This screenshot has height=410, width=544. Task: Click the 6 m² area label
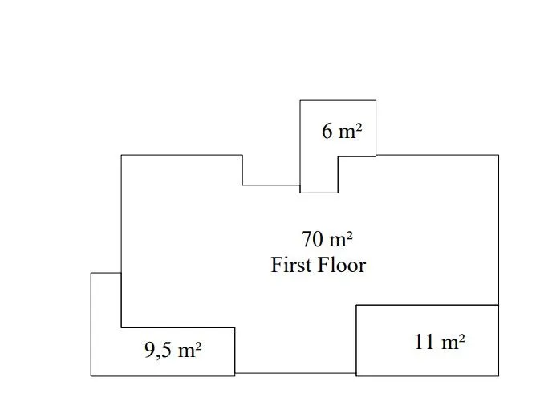pos(342,131)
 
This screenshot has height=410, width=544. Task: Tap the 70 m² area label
pos(327,239)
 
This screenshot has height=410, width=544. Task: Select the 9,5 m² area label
pos(173,349)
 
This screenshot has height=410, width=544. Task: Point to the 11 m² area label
pos(440,341)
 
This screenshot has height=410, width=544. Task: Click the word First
pos(290,265)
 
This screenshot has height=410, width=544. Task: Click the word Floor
pos(342,265)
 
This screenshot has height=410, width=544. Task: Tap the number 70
pos(312,239)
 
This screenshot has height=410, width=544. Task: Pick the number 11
pos(424,342)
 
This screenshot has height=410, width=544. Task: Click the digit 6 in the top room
pos(327,132)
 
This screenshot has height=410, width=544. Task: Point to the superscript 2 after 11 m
pos(461,337)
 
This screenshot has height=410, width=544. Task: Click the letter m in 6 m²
pos(347,133)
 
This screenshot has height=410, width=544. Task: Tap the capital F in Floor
pos(323,265)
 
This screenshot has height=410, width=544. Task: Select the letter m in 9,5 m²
pos(187,351)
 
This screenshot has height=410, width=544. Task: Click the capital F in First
pos(277,265)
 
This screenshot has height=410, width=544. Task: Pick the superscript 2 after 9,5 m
pos(197,346)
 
